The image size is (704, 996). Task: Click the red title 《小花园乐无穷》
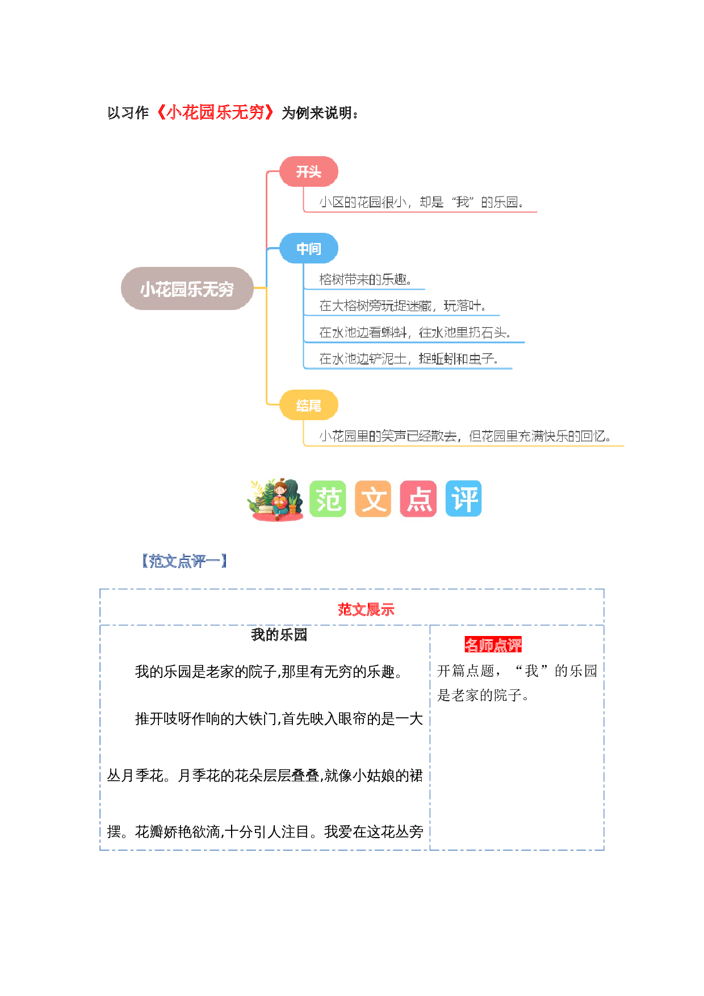click(x=215, y=112)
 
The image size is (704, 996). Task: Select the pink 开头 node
click(x=309, y=171)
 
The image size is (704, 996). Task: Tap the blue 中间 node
click(x=309, y=249)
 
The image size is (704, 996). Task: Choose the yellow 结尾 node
click(x=309, y=405)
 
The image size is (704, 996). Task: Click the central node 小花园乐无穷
click(x=187, y=289)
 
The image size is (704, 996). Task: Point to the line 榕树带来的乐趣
click(x=365, y=279)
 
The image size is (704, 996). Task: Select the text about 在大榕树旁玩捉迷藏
click(x=402, y=306)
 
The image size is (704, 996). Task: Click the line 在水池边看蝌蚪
click(x=414, y=333)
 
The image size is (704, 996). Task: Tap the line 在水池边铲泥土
click(x=408, y=359)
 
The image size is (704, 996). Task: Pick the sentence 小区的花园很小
click(x=421, y=202)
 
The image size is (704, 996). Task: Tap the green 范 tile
click(x=328, y=499)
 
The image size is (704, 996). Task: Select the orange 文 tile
click(x=373, y=499)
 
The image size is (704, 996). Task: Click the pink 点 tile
click(x=418, y=499)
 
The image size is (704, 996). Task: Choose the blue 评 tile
click(x=464, y=499)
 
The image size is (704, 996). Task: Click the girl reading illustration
click(x=276, y=499)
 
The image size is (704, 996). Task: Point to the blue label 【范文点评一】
click(x=184, y=562)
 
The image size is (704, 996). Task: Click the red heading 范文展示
click(x=366, y=610)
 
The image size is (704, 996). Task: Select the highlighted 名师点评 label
click(x=493, y=645)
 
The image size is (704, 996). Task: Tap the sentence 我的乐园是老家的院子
click(x=271, y=672)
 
